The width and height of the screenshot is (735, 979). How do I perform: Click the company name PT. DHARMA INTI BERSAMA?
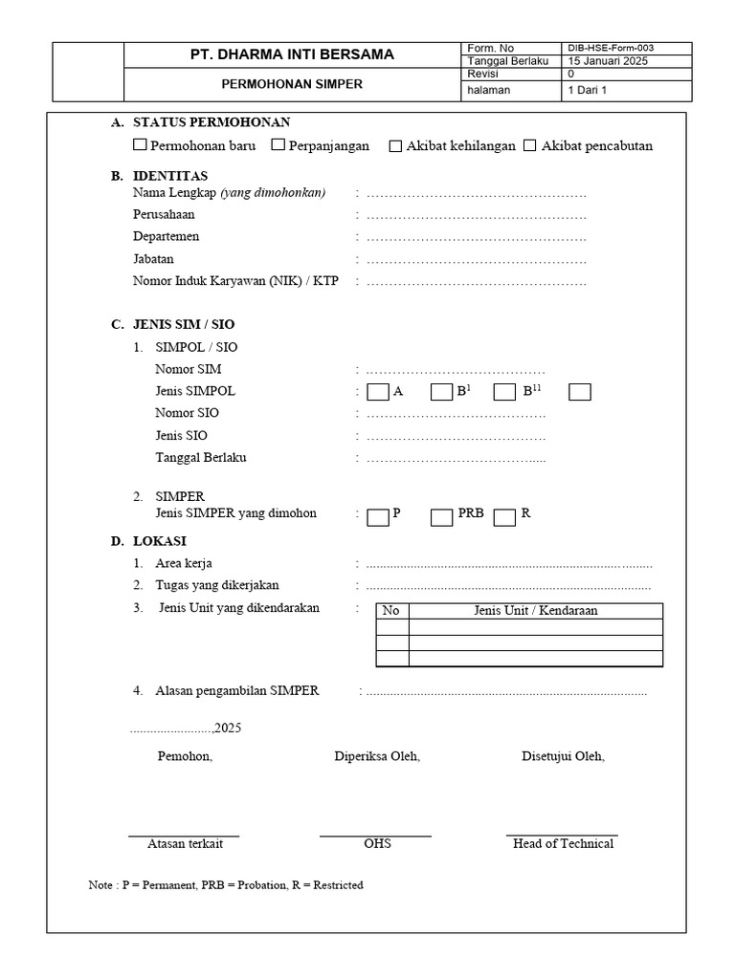(x=291, y=54)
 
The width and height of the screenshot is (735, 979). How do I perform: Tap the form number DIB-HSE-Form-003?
(x=612, y=48)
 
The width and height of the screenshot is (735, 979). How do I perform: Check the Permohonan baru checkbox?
(x=140, y=145)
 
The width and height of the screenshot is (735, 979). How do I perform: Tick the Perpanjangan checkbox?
(x=278, y=145)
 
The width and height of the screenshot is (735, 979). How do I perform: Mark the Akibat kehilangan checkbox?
(x=395, y=146)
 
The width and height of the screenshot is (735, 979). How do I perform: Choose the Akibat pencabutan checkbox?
(x=530, y=146)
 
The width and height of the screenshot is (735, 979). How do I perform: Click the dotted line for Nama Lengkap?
(x=476, y=194)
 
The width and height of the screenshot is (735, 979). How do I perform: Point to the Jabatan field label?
(x=153, y=259)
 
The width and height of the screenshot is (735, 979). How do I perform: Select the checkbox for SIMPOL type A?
(x=378, y=392)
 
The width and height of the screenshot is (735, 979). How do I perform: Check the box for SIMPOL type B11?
(x=505, y=392)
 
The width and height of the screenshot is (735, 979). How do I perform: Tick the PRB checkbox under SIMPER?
(x=441, y=517)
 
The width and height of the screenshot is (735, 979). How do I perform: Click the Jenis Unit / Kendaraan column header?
(x=535, y=611)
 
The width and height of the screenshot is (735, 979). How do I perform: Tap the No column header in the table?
(x=391, y=611)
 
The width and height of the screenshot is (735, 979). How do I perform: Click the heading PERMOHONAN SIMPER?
(x=291, y=84)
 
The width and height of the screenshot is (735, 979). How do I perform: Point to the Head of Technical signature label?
(x=563, y=844)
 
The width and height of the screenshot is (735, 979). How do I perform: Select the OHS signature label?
(x=377, y=844)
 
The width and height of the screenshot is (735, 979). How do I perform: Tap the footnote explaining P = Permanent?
(x=226, y=885)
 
